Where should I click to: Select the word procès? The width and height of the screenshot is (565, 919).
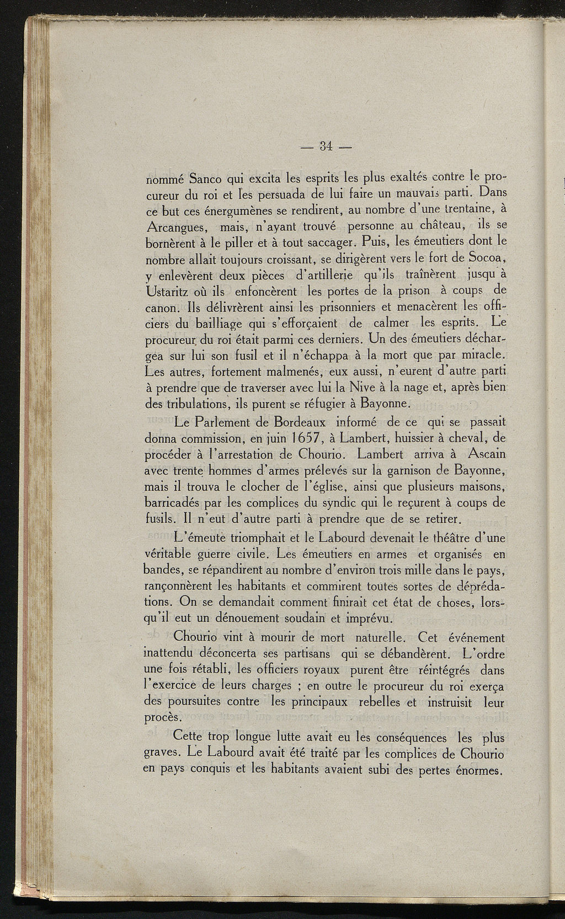coord(163,717)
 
